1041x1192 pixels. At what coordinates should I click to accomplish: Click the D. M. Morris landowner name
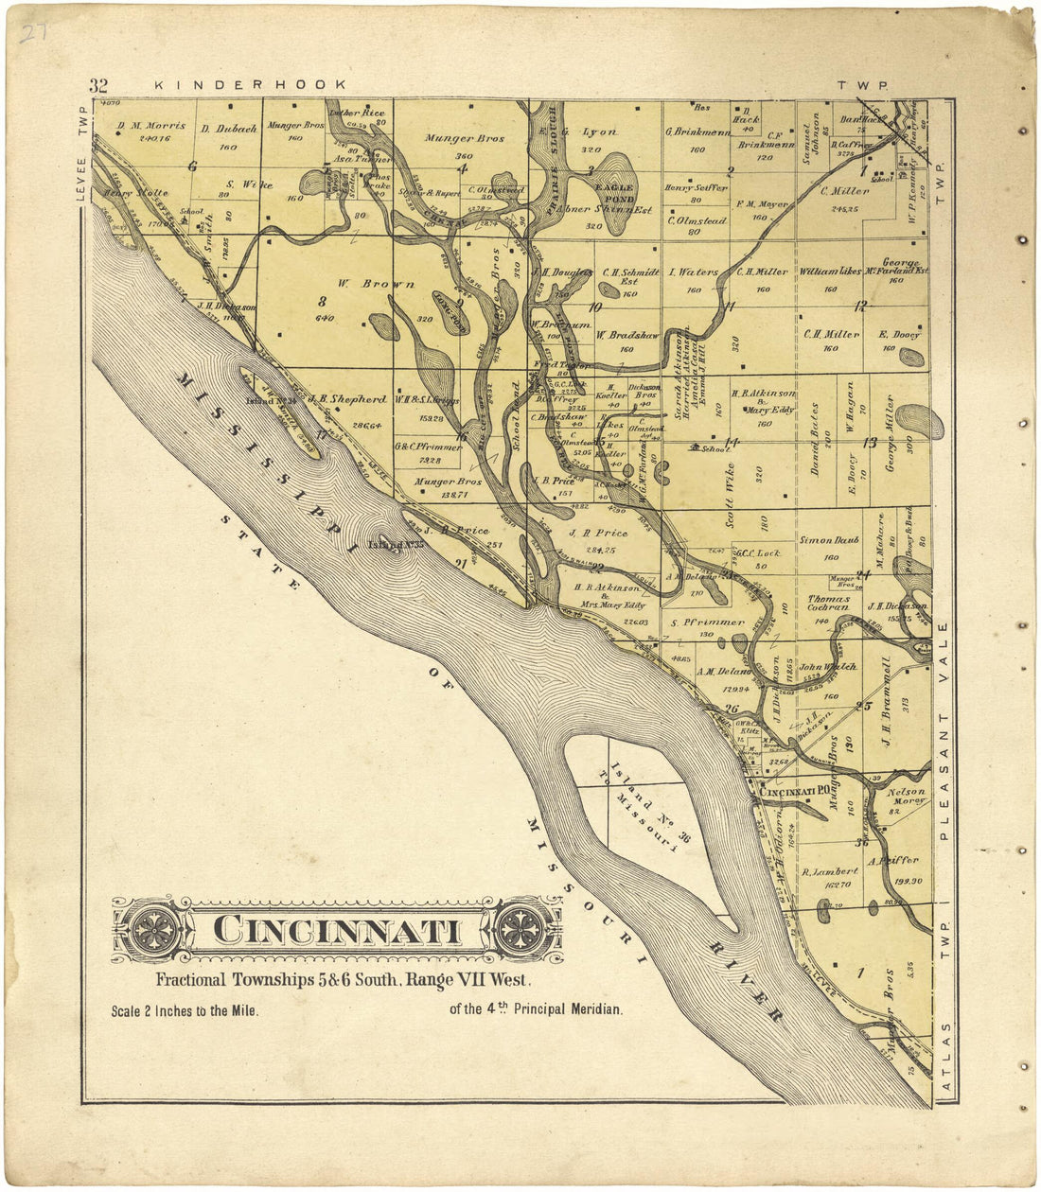click(x=151, y=126)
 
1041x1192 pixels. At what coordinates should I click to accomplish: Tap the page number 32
click(x=98, y=85)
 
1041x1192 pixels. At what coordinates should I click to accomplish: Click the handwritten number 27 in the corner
click(x=36, y=35)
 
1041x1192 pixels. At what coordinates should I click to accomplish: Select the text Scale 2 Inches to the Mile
click(x=185, y=1010)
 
